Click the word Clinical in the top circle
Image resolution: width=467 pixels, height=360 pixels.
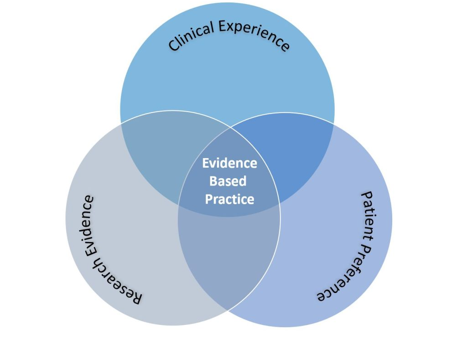pyautogui.click(x=191, y=36)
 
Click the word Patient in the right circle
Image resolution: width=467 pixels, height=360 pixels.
pyautogui.click(x=367, y=215)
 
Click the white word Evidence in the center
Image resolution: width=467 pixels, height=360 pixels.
pyautogui.click(x=230, y=163)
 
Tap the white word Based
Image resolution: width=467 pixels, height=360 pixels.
pyautogui.click(x=228, y=181)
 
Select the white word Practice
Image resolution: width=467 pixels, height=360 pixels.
pyautogui.click(x=230, y=199)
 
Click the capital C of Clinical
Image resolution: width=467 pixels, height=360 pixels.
pyautogui.click(x=174, y=46)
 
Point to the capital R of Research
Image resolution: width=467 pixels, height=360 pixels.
pyautogui.click(x=135, y=298)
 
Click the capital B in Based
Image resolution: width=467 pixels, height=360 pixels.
pyautogui.click(x=213, y=181)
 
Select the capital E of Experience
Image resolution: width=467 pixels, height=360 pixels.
pyautogui.click(x=224, y=26)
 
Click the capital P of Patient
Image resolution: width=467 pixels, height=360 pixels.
pyautogui.click(x=368, y=196)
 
